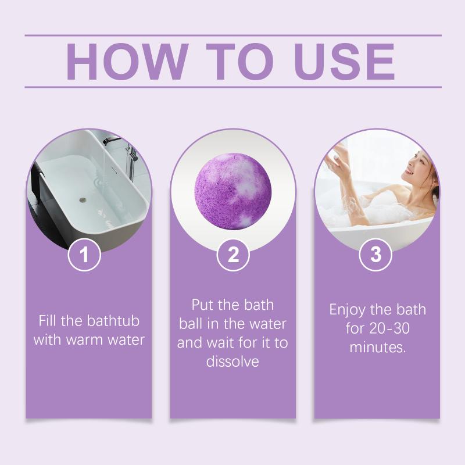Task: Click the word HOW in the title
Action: tap(127, 62)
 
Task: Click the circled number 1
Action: tap(84, 255)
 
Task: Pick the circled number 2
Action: tap(233, 255)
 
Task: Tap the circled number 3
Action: tap(375, 255)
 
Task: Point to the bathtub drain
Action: tap(84, 200)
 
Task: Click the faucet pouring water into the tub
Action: tap(110, 140)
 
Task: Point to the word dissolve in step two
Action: tap(233, 362)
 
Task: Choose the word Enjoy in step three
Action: tap(347, 310)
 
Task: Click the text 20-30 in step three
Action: tap(389, 328)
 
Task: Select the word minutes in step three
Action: tap(377, 347)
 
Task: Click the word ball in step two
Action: tap(191, 324)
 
